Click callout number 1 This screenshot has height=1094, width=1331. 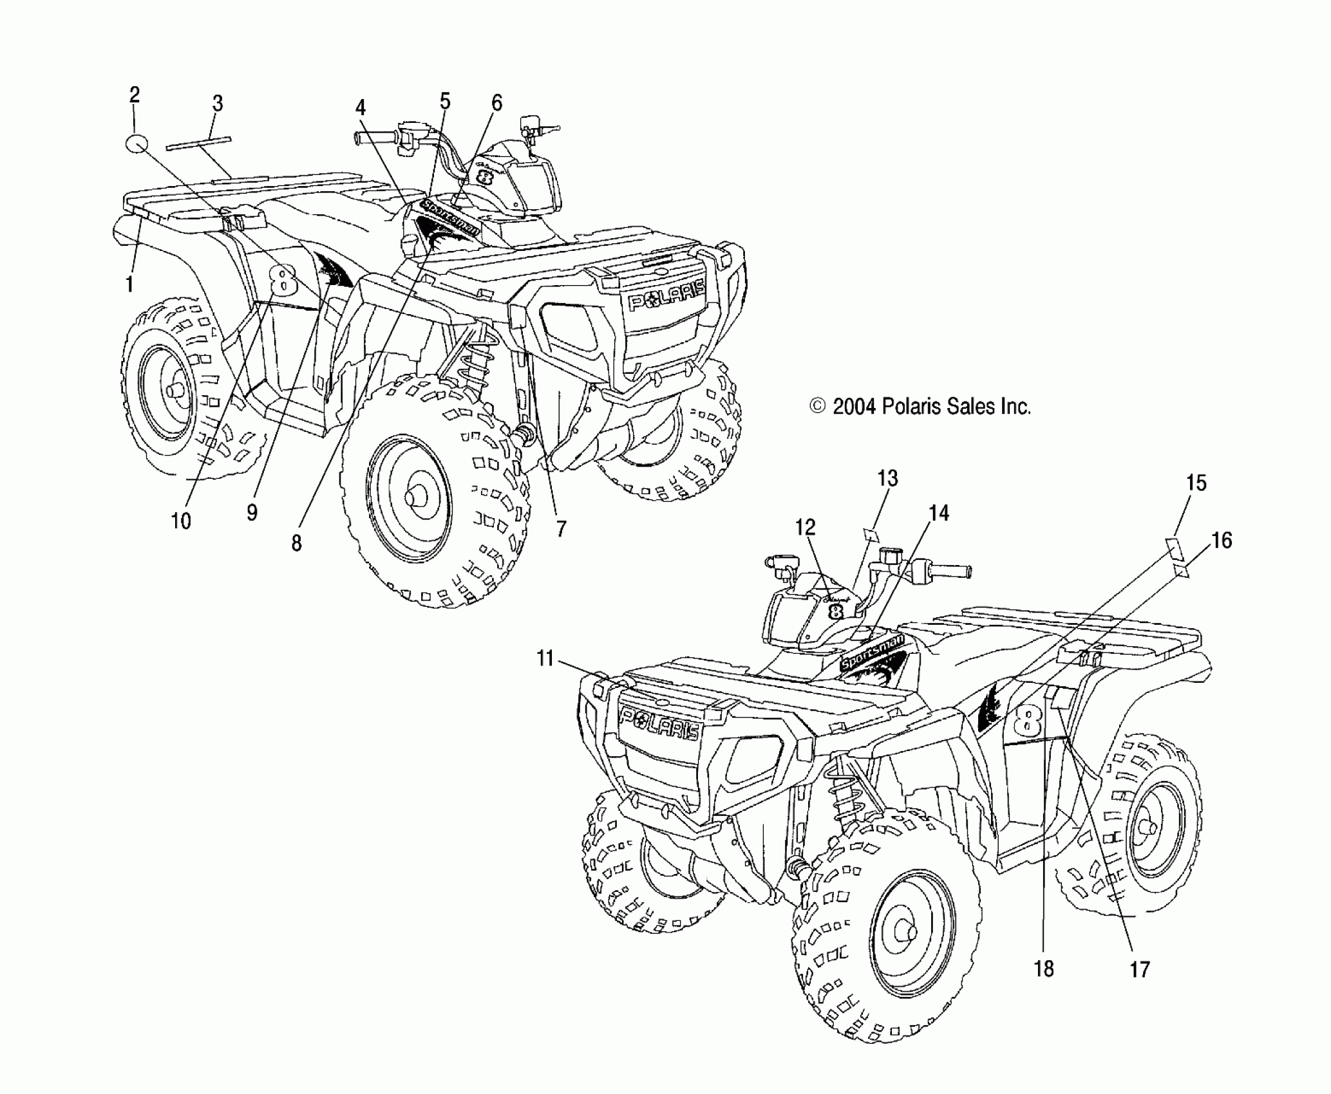pos(130,284)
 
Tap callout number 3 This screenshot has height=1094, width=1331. pos(218,104)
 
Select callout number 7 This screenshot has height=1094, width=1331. pos(561,529)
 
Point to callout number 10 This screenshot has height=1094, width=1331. pos(182,521)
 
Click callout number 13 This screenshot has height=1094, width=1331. pos(888,479)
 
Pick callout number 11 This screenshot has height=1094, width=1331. pos(545,660)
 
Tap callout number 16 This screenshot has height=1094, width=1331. pos(1222,541)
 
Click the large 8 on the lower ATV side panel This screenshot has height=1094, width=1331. pos(1031,718)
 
